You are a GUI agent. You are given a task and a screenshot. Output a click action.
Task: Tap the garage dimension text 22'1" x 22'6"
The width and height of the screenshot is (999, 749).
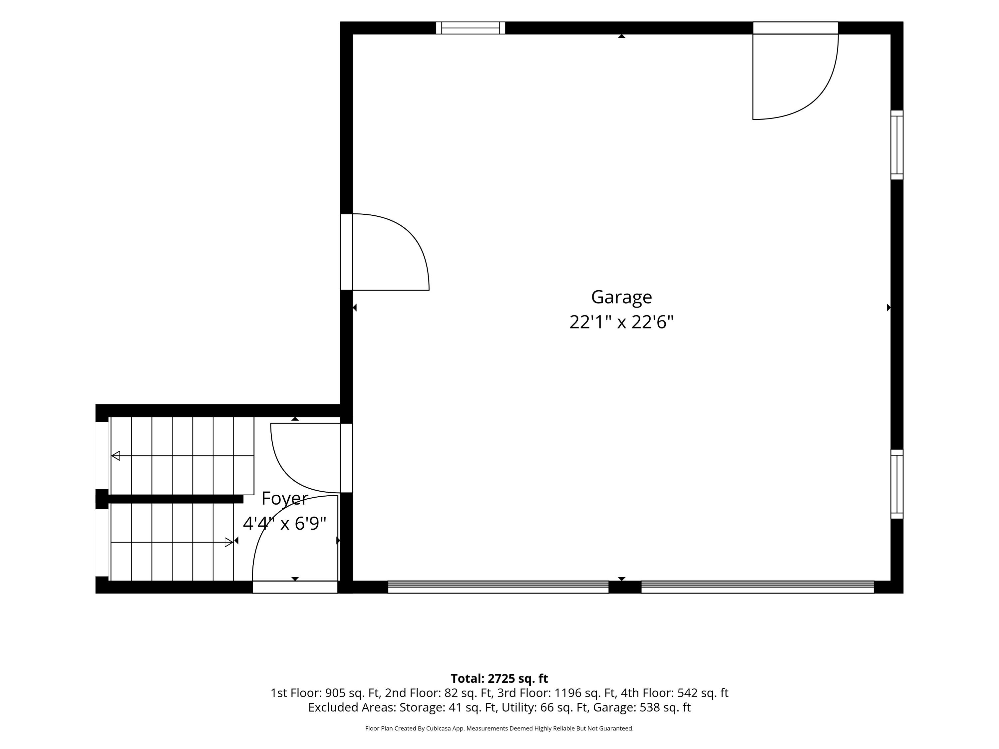(x=621, y=322)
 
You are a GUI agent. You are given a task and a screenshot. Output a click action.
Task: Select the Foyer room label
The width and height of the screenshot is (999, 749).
(x=284, y=498)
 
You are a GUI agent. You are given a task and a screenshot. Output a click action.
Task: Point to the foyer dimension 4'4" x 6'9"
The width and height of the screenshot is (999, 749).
(x=284, y=524)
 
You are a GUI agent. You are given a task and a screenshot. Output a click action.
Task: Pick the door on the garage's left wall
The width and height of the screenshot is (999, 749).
(x=384, y=252)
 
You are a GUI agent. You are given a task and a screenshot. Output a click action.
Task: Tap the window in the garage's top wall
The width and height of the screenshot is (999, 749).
(x=470, y=28)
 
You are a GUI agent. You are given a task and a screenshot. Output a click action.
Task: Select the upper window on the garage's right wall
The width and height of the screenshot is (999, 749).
(x=897, y=145)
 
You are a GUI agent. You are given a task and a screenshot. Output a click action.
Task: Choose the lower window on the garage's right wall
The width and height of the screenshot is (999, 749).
(x=897, y=484)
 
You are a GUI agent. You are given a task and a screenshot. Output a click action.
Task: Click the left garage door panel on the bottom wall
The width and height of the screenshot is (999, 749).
(x=498, y=587)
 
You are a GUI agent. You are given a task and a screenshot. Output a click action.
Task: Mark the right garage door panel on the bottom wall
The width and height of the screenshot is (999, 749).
(x=757, y=587)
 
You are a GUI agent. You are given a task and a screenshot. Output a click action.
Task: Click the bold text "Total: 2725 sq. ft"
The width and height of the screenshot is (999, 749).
(x=499, y=678)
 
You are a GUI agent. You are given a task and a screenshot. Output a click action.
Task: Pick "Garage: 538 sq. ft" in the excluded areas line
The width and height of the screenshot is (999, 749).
(x=642, y=707)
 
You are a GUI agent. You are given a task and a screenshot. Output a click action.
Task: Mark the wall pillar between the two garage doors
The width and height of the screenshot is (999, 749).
(x=625, y=587)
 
